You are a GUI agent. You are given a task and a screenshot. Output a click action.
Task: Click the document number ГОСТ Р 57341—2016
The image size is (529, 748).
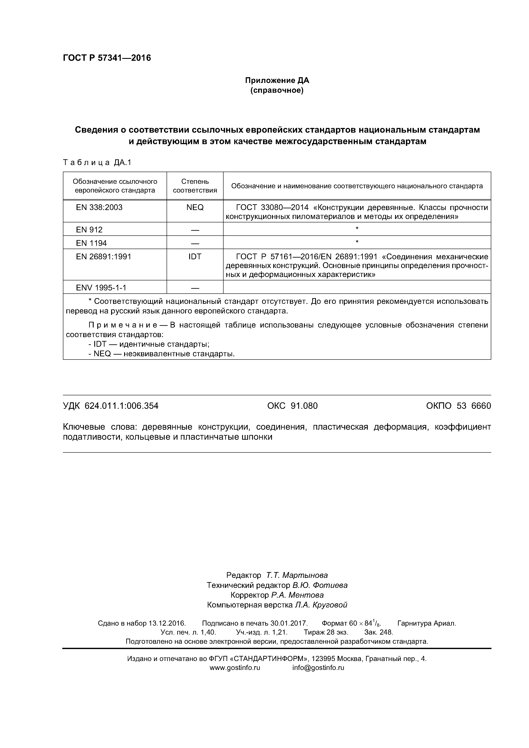[x=107, y=58]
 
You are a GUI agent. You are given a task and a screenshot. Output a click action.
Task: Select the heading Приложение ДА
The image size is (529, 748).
[x=277, y=80]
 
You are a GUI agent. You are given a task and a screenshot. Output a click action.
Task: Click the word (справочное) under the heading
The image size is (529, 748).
[x=277, y=90]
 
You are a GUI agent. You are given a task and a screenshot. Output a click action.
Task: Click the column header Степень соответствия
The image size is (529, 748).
[x=195, y=186]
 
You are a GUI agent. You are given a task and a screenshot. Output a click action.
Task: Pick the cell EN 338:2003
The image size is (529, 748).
[x=99, y=207]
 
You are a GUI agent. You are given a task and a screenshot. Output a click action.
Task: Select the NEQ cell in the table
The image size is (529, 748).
[x=195, y=207]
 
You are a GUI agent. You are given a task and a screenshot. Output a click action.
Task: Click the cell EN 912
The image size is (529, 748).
[x=89, y=230]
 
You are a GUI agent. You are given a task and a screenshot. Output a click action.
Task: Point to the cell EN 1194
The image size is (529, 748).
[x=91, y=243]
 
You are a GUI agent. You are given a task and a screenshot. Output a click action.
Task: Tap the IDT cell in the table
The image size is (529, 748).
[x=195, y=257]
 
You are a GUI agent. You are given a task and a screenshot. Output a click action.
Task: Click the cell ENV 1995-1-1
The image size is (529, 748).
[x=101, y=288]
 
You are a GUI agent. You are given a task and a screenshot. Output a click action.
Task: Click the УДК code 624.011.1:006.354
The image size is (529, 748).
[x=121, y=406]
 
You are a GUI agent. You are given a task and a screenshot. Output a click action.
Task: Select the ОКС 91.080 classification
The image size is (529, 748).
[x=292, y=406]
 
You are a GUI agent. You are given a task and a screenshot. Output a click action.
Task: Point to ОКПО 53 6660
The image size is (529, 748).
[x=458, y=406]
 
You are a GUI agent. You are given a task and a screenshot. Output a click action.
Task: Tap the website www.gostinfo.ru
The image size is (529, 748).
[x=235, y=668]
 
